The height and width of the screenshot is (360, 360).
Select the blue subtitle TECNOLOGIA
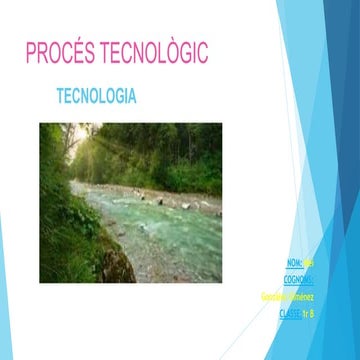click(97, 98)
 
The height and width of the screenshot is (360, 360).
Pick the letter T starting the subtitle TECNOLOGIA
click(63, 98)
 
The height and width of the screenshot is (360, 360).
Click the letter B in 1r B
click(312, 314)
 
